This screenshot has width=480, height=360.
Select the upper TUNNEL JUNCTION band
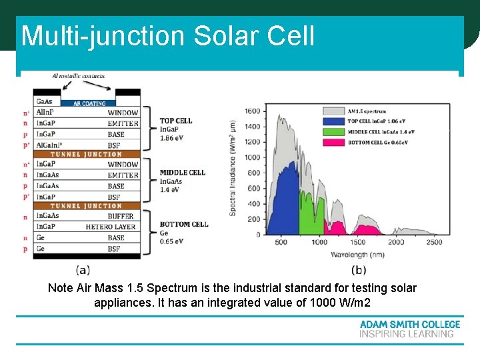point(87,155)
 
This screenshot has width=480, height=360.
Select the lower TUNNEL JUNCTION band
point(87,206)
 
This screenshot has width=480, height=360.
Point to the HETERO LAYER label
point(110,227)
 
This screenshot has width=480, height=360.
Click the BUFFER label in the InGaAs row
point(120,216)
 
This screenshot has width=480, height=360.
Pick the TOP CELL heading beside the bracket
point(176,121)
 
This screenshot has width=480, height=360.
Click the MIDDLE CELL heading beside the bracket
point(182,173)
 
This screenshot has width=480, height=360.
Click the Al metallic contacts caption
point(78,77)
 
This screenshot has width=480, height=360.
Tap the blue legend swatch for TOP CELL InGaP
point(332,121)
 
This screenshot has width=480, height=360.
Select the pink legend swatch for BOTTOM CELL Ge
point(332,142)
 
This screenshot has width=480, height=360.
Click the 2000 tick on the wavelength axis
point(397,241)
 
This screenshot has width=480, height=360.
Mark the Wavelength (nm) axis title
point(358,253)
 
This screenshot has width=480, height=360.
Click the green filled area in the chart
point(309,217)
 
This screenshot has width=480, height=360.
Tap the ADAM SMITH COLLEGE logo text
point(410,324)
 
